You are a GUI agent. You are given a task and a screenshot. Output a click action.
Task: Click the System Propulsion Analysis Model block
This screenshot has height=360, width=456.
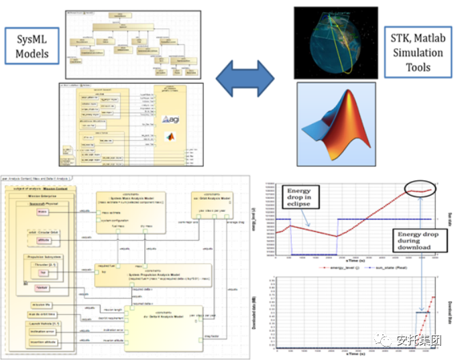(152, 274)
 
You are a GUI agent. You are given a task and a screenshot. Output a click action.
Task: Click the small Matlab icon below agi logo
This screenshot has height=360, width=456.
(168, 136)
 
